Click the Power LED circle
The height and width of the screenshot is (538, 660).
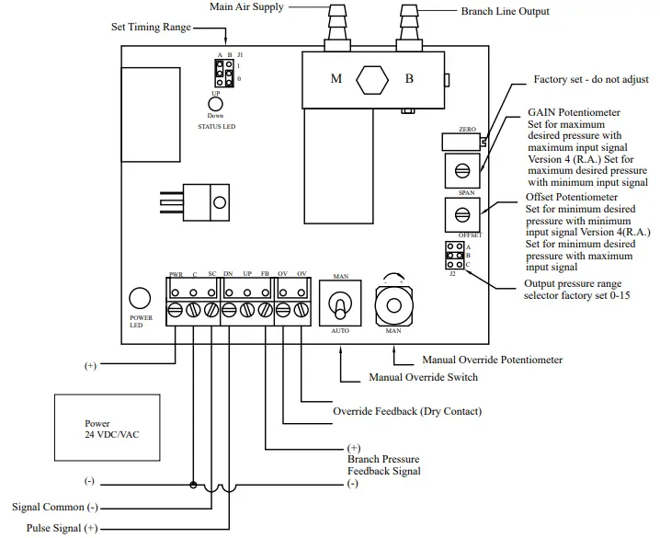coord(139,298)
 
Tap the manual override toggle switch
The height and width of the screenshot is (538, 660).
coord(339,303)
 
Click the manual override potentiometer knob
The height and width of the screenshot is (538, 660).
coord(393,303)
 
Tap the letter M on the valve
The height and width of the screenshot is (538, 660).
coord(336,78)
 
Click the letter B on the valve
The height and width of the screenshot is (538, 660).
coord(410,78)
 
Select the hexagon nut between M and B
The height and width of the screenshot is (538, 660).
coord(372,78)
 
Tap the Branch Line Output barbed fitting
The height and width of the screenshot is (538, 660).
coord(410,28)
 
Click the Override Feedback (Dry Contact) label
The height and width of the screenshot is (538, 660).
coord(406,411)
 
